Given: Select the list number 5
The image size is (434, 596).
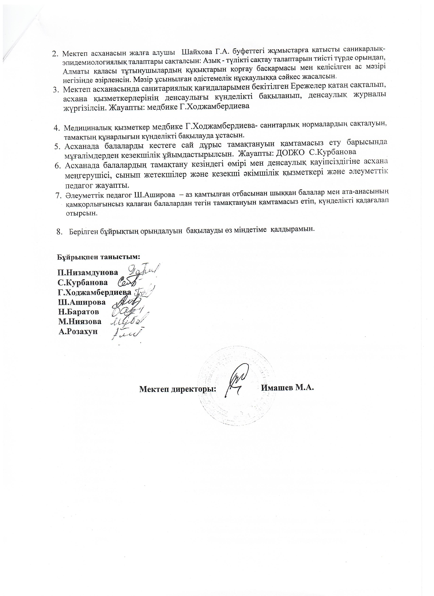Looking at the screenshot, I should (57, 146).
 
